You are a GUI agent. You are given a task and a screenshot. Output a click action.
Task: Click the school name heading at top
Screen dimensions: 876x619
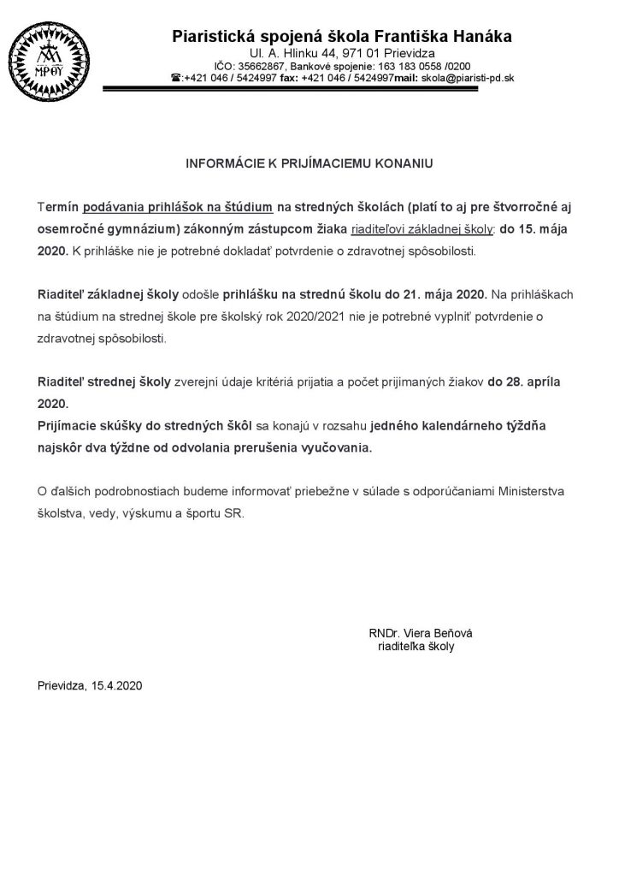click(x=342, y=37)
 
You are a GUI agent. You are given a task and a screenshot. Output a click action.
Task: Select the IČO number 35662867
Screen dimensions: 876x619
click(x=262, y=66)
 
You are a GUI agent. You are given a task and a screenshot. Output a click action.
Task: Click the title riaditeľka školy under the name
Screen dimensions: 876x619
click(x=416, y=647)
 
